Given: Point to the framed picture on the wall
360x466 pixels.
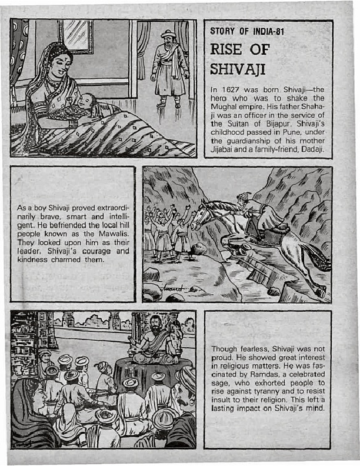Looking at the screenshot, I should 76,36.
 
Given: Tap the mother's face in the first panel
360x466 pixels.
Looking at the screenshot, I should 61,62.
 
